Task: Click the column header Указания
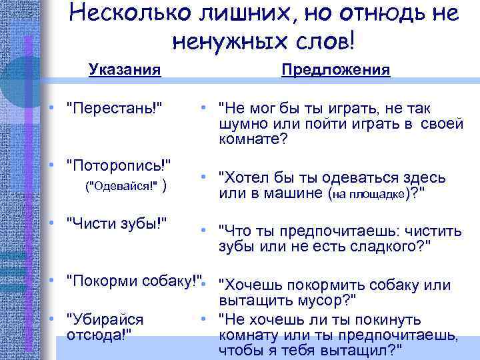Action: coord(125,70)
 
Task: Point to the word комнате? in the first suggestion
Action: coord(253,140)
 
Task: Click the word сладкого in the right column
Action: coord(386,247)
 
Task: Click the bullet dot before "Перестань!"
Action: coord(51,109)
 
